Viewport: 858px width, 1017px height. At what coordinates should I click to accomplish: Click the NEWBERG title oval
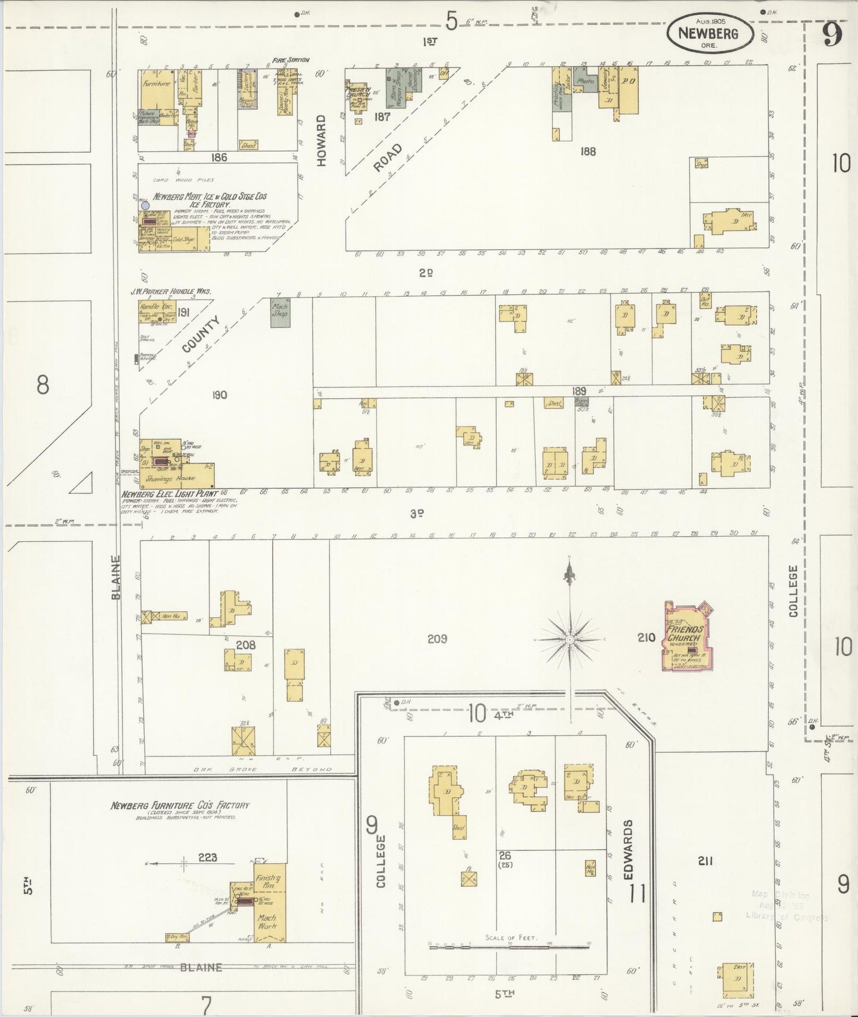(x=710, y=33)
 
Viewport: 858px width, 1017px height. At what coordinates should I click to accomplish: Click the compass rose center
(x=569, y=639)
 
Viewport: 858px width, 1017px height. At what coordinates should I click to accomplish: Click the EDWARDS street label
(x=630, y=849)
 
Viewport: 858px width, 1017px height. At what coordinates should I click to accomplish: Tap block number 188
(x=588, y=152)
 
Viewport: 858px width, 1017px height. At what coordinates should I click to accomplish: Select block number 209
(x=437, y=639)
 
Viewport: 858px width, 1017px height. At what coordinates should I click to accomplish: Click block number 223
(x=208, y=857)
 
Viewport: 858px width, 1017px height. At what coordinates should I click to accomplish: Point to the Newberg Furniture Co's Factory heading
(x=180, y=806)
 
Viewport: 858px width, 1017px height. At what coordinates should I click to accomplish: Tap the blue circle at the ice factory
(x=145, y=205)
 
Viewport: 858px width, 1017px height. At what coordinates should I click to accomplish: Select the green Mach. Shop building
(x=280, y=310)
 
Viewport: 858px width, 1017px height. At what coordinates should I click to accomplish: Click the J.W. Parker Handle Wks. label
(x=171, y=291)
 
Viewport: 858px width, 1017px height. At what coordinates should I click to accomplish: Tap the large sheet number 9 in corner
(x=832, y=36)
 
